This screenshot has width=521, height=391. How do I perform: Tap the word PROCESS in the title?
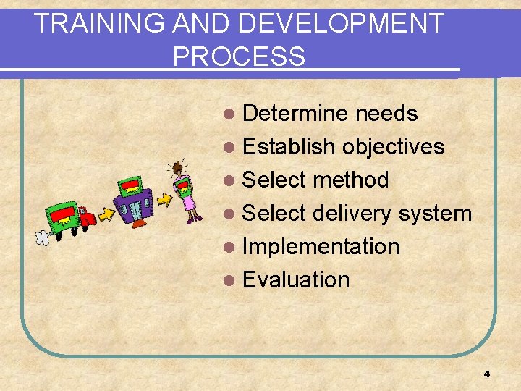click(239, 56)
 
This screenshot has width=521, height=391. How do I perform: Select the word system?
click(436, 214)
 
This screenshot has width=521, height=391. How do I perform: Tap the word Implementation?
click(321, 247)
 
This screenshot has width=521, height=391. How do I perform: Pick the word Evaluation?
click(296, 280)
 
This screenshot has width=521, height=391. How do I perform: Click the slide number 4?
click(486, 374)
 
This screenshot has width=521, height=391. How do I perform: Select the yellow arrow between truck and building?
click(106, 215)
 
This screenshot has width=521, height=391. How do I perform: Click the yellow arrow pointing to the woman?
click(164, 195)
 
